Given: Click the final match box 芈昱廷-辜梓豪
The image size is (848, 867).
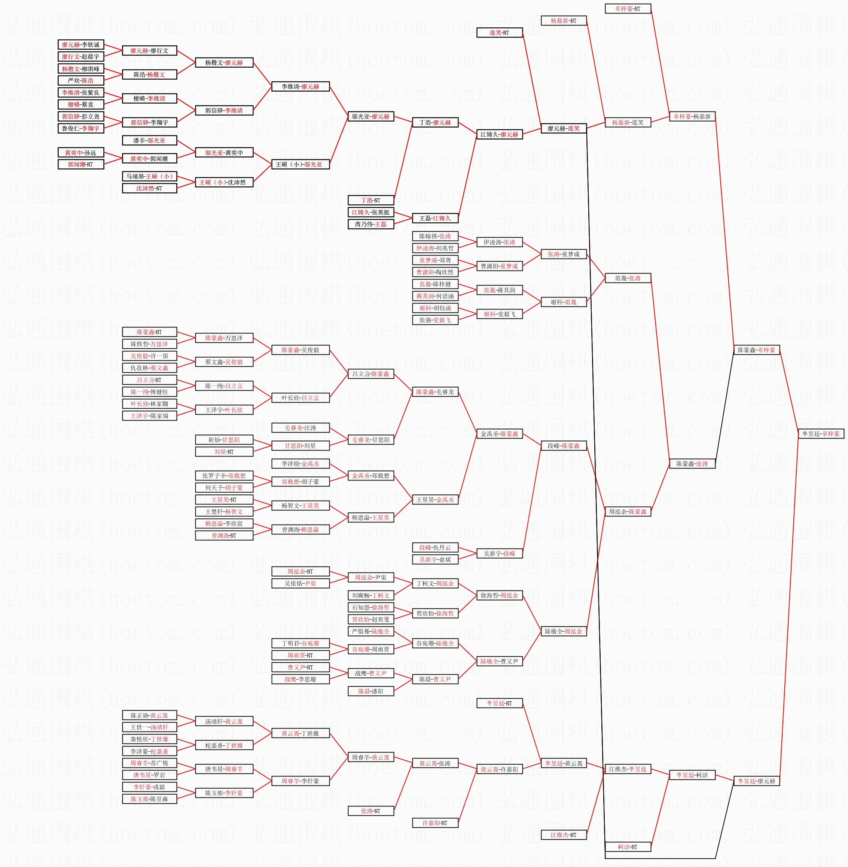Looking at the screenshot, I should click(x=821, y=434).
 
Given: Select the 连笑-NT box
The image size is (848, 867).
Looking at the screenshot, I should click(x=499, y=33).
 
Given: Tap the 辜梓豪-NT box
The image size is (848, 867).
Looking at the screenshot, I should click(x=628, y=9).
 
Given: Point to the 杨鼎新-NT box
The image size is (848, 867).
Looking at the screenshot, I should click(x=564, y=21).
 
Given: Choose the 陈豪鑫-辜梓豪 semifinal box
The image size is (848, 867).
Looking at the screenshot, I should click(x=756, y=350).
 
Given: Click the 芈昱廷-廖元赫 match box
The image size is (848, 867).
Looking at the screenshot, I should click(x=756, y=781).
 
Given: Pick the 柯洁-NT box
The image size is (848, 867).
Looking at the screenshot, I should click(x=628, y=847).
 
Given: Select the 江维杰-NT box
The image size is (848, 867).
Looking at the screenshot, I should click(x=564, y=835).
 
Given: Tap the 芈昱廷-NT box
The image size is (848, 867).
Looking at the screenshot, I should click(x=499, y=703).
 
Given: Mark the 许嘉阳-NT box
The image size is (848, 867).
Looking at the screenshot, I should click(x=435, y=823).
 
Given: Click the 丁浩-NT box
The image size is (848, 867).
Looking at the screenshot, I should click(x=370, y=201).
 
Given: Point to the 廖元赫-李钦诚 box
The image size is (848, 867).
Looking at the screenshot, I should click(x=80, y=45).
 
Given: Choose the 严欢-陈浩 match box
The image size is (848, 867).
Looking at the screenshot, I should click(x=80, y=80).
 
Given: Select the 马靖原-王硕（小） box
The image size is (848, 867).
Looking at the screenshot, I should click(x=149, y=176).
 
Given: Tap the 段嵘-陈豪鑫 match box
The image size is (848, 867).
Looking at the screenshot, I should click(x=564, y=446).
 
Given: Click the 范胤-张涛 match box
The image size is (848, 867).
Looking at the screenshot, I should click(x=628, y=278).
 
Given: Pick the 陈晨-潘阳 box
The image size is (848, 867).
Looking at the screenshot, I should click(x=370, y=691).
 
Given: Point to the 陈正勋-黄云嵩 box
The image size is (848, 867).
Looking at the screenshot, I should click(x=149, y=715).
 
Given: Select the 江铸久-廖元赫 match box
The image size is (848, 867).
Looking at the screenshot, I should click(x=499, y=134).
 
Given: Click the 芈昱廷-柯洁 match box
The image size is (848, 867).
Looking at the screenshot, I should click(x=692, y=775).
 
